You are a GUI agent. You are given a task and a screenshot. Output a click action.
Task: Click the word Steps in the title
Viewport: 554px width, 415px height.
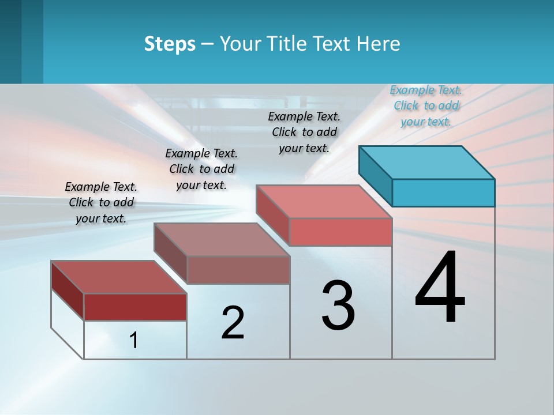pyautogui.click(x=170, y=44)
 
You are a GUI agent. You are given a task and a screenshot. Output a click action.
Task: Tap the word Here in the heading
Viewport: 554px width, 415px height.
pyautogui.click(x=379, y=44)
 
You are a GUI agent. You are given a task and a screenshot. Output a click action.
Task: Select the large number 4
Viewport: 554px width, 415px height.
pyautogui.click(x=440, y=288)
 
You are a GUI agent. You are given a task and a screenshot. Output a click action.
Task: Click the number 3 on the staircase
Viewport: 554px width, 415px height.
pyautogui.click(x=338, y=305)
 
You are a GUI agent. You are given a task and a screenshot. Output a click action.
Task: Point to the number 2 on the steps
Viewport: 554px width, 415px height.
pyautogui.click(x=233, y=323)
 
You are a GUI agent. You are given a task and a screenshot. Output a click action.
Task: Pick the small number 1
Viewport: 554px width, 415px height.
pyautogui.click(x=134, y=341)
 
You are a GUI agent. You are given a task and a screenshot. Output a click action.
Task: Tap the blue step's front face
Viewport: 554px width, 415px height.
pyautogui.click(x=443, y=193)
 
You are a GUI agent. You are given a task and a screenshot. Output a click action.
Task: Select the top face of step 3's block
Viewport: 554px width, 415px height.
pyautogui.click(x=324, y=202)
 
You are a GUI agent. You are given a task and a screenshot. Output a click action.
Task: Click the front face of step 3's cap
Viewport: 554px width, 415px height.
pyautogui.click(x=340, y=232)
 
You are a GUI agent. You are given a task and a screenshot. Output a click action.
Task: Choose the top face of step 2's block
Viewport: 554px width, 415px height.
pyautogui.click(x=222, y=240)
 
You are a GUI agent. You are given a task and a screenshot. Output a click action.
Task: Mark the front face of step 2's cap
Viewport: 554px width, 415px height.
pyautogui.click(x=238, y=270)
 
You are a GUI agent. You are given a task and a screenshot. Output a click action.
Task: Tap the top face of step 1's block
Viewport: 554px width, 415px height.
pyautogui.click(x=118, y=277)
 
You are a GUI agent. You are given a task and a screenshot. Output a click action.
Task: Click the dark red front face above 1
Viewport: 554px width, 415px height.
pyautogui.click(x=135, y=307)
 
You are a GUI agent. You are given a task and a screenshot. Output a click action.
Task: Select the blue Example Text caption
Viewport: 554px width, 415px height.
pyautogui.click(x=426, y=105)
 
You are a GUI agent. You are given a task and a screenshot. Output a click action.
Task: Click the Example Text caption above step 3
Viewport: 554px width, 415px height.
pyautogui.click(x=304, y=132)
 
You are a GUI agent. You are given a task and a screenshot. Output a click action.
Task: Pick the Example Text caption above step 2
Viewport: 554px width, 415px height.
pyautogui.click(x=201, y=169)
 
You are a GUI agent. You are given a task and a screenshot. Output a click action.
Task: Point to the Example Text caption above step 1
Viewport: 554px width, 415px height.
pyautogui.click(x=101, y=202)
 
